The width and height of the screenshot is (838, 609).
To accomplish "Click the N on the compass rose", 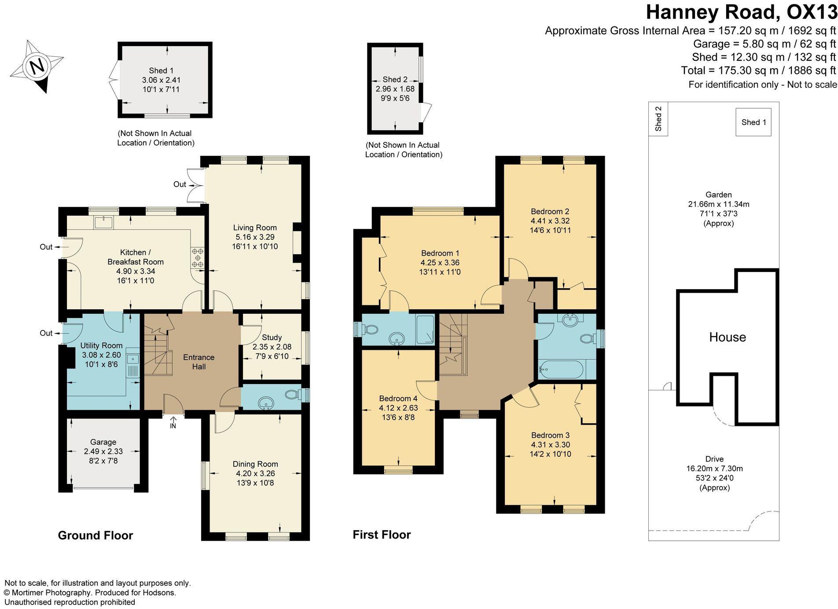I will coord(37,66).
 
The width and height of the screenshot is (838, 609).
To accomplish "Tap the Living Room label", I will coord(255,227).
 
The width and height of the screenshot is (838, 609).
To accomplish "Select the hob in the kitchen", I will coord(197,258).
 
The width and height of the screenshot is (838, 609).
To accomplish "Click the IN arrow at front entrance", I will coord(173,423).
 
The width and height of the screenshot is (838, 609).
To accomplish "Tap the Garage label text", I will coord(103,442).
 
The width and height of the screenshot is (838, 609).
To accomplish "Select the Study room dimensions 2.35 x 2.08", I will coord(272,347).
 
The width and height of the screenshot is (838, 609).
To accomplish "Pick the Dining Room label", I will coord(255,464).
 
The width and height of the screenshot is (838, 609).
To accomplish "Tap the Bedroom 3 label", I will coord(551,435).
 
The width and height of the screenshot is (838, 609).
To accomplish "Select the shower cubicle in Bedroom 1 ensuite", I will coord(425,329).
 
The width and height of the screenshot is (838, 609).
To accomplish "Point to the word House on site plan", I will coord(727,337).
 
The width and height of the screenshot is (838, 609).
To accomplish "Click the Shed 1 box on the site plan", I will coord(753,122).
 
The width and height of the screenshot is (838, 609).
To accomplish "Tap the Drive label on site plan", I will coord(714,459).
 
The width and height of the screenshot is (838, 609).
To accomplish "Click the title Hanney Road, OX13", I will coord(741,12).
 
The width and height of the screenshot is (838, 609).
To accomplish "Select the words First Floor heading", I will coord(381,535).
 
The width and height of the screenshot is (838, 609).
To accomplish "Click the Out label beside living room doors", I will coord(180,184).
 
